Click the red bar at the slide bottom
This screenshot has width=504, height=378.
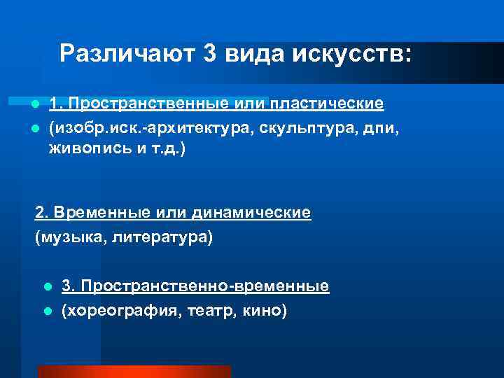[x=134, y=372]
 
